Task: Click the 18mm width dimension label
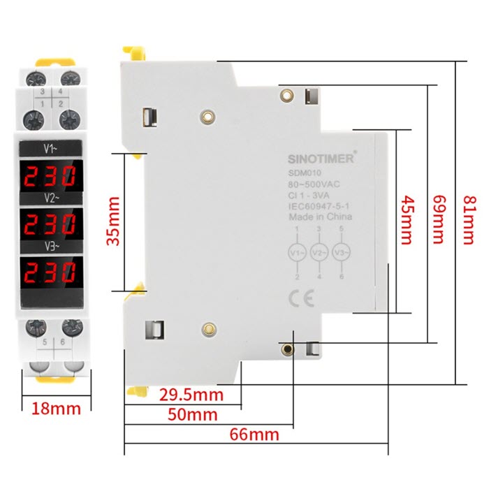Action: point(56,409)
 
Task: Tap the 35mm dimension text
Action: point(113,221)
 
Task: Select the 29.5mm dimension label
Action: point(191,395)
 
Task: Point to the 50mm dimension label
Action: point(193,415)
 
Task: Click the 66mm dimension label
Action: point(254,435)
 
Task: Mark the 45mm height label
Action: point(407,221)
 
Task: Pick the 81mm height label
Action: point(469,221)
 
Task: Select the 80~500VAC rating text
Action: point(314,184)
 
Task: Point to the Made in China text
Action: point(321,217)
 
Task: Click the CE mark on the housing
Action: point(301,298)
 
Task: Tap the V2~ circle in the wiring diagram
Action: point(319,253)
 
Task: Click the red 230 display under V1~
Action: point(50,176)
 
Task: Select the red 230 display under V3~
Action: point(50,272)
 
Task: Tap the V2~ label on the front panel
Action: point(52,198)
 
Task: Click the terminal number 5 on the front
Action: point(45,342)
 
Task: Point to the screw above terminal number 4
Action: point(70,78)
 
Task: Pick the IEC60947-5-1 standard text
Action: point(319,206)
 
